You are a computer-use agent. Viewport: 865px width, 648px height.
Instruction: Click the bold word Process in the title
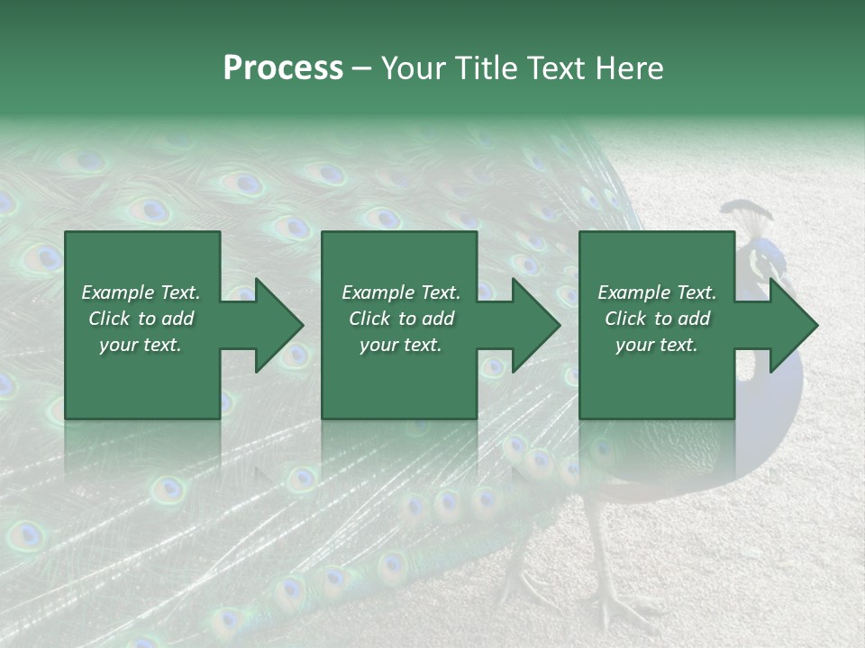[x=283, y=68]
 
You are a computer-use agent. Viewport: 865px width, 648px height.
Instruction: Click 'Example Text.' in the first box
[x=141, y=292]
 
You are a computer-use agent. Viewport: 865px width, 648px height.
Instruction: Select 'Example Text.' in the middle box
[x=401, y=292]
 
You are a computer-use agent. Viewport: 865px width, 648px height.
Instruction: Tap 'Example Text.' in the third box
[x=657, y=292]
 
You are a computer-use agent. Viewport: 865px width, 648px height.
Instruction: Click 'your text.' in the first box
[x=141, y=345]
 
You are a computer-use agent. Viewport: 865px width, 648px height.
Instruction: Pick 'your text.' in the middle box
[x=401, y=345]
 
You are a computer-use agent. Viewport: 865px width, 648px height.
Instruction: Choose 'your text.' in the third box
[x=657, y=345]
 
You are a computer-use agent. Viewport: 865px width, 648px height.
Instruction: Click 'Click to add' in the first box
[x=141, y=319]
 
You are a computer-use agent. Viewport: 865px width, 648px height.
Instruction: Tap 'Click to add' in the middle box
[x=401, y=319]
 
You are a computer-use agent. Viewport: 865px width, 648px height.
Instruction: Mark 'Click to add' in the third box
[x=657, y=319]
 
